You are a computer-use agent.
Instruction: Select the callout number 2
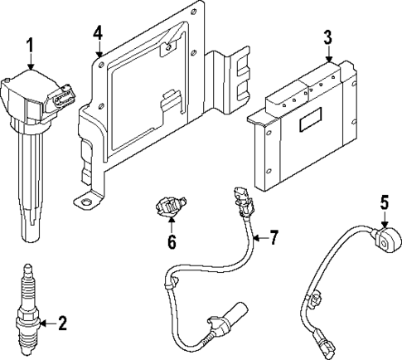point(61,323)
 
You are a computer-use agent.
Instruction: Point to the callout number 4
point(98,32)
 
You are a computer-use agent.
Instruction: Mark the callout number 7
point(274,238)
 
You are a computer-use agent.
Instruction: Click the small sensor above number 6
point(170,207)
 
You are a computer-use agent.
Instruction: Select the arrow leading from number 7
point(258,239)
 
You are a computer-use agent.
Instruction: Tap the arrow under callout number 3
point(328,55)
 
